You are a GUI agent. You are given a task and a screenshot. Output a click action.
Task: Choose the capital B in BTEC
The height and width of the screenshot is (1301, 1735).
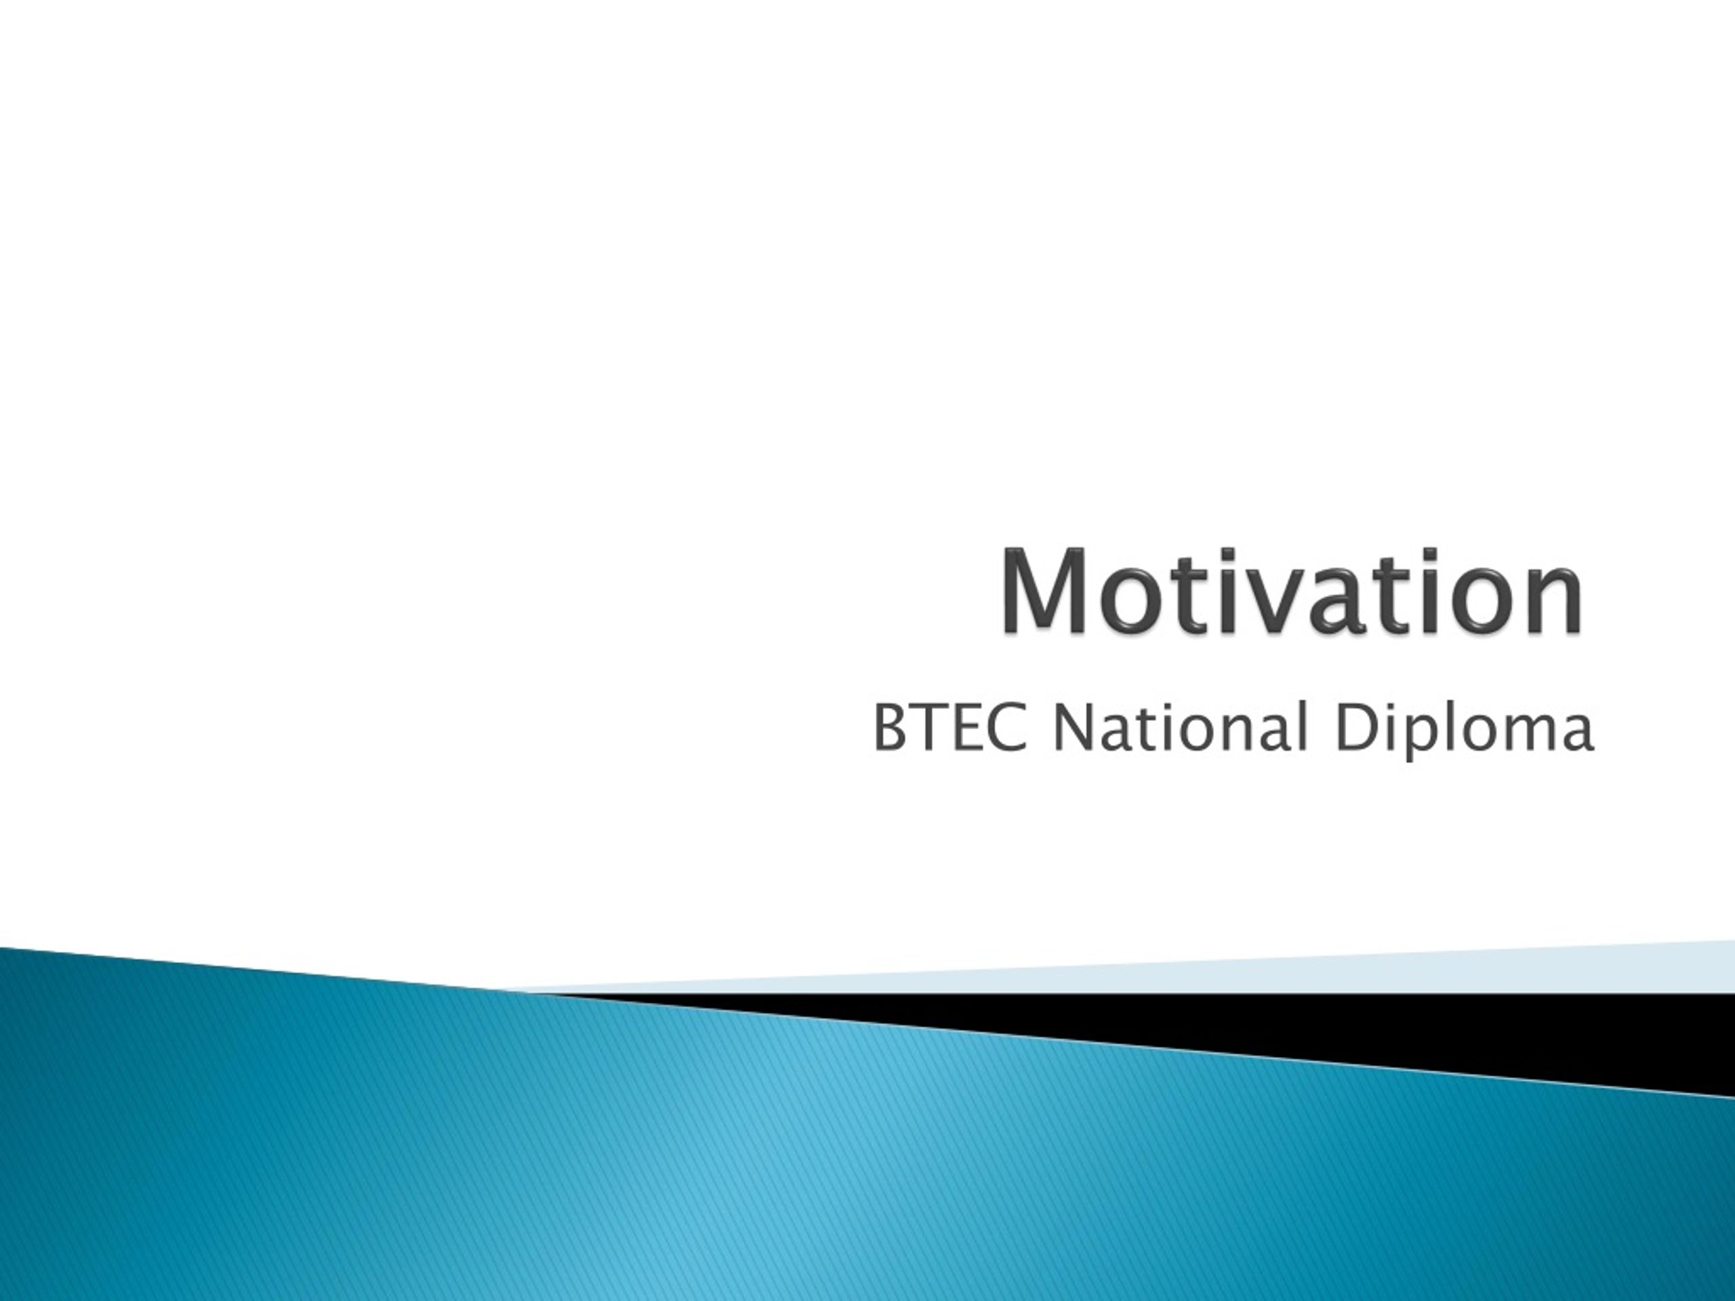pos(891,728)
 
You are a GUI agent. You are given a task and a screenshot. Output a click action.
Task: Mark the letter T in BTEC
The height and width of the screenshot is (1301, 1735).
pos(931,728)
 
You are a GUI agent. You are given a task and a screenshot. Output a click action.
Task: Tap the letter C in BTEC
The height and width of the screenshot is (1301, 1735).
pos(1007,728)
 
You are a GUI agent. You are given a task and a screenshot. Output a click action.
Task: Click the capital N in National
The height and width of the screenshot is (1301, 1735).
pos(1072,728)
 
